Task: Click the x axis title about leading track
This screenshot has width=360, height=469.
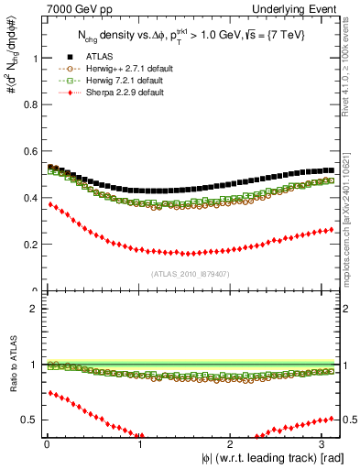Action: pos(273,458)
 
